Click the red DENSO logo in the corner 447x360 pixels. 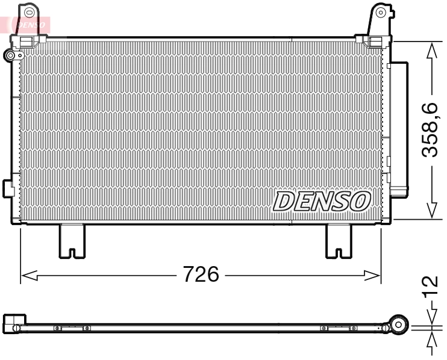pos(25,25)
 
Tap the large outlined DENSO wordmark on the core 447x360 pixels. pos(322,201)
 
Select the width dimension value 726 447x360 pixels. pos(201,275)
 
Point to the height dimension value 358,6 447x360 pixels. pos(430,130)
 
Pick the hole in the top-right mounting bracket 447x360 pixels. pos(380,11)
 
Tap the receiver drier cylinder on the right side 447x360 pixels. pos(398,129)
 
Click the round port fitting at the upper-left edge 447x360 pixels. pos(10,56)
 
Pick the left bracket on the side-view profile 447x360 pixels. pos(72,328)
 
